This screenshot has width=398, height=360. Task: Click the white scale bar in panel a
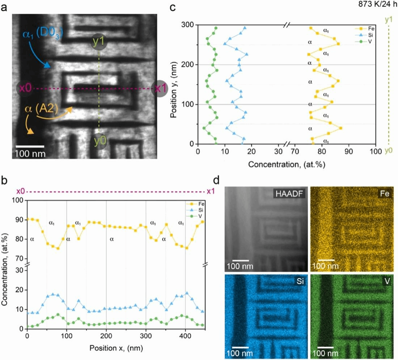[x=29, y=146]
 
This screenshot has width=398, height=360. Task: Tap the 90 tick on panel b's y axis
[x=18, y=220]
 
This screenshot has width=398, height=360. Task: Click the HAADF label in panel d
[x=288, y=194]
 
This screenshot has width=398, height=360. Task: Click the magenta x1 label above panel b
[x=210, y=192]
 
